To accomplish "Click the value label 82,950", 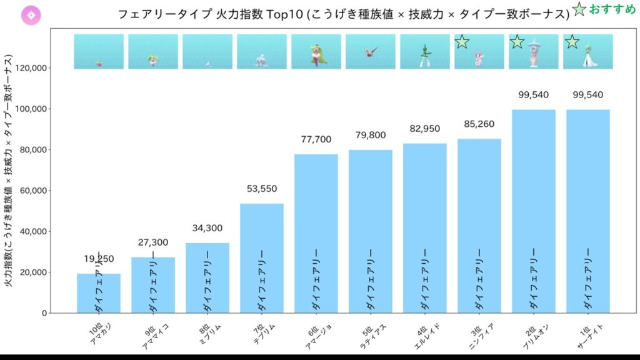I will pos(424,129).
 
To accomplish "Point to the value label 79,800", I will pos(370,135).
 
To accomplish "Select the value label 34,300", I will pos(207,228).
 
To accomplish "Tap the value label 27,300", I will pos(152,242).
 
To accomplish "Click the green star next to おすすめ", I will pos(579,10).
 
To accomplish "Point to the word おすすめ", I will pos(612,10).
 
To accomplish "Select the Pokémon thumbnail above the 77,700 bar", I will pos(316,51).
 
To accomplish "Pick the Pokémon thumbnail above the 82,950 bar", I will pos(424,51).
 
